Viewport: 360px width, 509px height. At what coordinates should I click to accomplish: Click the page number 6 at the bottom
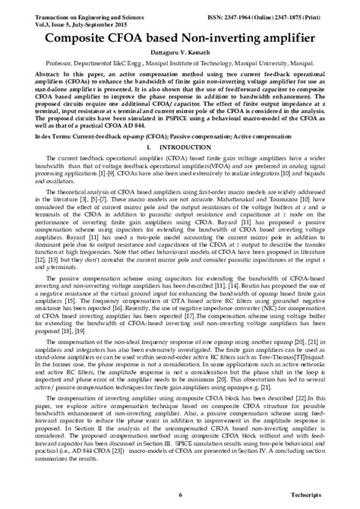pos(180,495)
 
